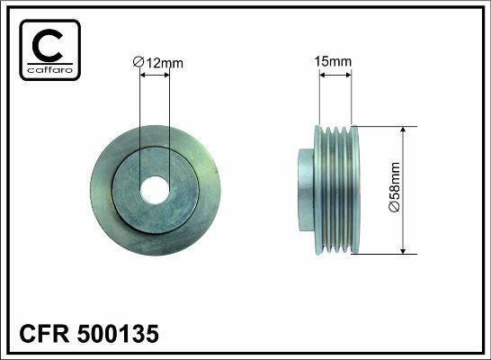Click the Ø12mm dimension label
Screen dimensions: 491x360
tap(158, 62)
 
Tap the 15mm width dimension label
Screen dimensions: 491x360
tap(333, 61)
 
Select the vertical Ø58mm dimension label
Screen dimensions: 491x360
tap(394, 187)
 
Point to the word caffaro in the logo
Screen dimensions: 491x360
tap(50, 69)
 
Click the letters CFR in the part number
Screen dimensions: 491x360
tap(44, 333)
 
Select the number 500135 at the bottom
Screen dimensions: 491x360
tap(118, 333)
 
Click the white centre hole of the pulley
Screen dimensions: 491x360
tap(155, 190)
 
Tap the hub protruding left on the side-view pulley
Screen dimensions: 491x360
tap(306, 190)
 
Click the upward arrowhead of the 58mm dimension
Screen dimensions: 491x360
tap(403, 130)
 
